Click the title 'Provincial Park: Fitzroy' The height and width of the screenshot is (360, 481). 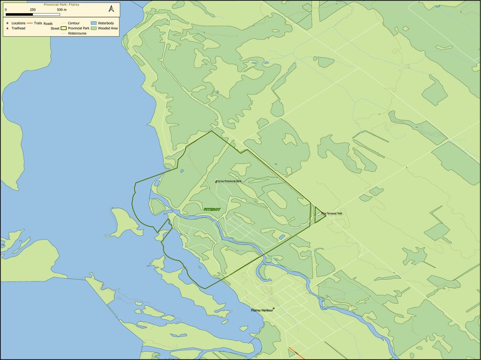pos(60,4)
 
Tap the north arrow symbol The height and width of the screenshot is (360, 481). pos(111,9)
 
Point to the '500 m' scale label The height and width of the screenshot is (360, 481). pos(61,10)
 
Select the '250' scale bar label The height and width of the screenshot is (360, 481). pos(33,10)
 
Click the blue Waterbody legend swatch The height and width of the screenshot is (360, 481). pos(94,24)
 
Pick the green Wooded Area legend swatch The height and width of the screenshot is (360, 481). pos(94,28)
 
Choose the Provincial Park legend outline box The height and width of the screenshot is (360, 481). pos(64,28)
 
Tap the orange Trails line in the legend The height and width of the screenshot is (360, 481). pos(30,24)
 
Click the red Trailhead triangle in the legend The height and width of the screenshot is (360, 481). pos(7,28)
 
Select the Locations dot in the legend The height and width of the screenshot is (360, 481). pos(7,24)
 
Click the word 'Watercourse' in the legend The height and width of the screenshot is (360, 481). pos(77,33)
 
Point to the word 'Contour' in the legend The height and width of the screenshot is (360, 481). pos(74,24)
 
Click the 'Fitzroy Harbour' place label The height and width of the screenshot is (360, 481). pos(261,310)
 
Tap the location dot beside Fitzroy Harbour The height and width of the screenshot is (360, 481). pos(273,309)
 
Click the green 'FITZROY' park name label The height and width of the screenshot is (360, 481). pos(212,209)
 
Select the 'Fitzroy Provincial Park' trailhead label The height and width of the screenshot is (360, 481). pos(229,181)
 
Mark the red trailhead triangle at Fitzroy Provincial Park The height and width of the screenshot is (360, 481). pos(216,182)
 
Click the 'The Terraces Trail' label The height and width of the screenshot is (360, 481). pos(332,213)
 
